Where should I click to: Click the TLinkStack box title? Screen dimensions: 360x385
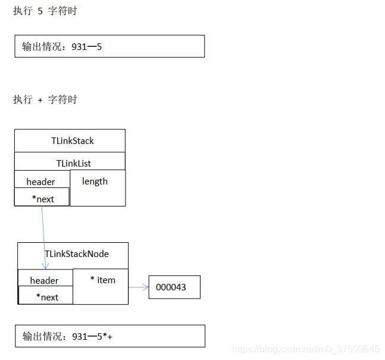(73, 141)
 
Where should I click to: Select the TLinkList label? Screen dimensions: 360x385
(74, 163)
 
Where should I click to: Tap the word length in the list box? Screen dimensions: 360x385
(95, 181)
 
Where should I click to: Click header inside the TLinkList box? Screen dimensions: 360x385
(41, 181)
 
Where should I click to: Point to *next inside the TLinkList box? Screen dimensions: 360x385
(43, 199)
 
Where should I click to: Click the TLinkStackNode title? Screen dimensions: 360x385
(77, 253)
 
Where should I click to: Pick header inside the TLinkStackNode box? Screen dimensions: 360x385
(45, 280)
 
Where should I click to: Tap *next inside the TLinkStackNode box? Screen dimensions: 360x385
(47, 297)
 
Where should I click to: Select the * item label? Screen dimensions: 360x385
(102, 280)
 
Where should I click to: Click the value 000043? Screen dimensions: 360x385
(171, 287)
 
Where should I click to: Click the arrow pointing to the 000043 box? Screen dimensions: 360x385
(138, 287)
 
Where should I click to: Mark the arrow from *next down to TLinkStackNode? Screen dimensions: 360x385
(44, 238)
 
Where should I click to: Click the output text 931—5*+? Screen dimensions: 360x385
(92, 337)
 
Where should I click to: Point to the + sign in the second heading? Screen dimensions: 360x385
(40, 100)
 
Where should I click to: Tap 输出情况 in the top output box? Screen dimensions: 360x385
(42, 46)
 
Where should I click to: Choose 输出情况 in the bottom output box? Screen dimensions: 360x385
(42, 337)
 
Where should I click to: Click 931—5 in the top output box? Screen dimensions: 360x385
(86, 46)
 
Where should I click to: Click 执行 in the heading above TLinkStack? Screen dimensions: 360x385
(23, 99)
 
